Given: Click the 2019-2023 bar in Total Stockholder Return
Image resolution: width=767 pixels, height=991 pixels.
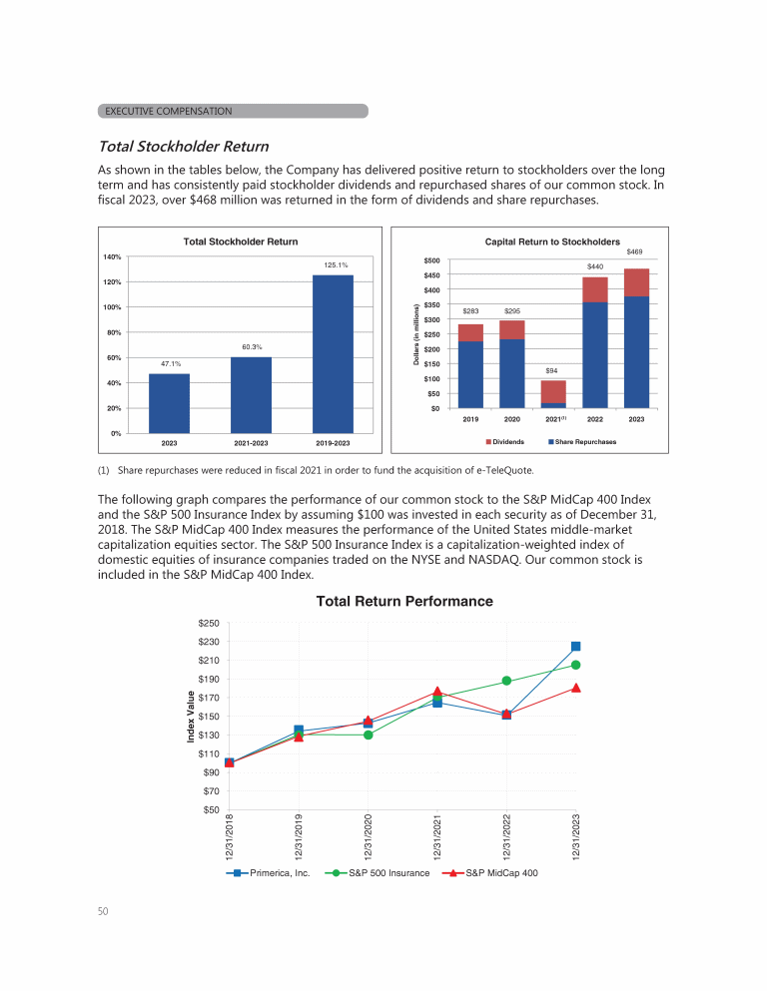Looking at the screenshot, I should pyautogui.click(x=333, y=353).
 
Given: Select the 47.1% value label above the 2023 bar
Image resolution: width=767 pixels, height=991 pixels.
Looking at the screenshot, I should pyautogui.click(x=170, y=364).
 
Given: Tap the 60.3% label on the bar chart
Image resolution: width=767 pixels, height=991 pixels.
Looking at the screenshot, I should pyautogui.click(x=252, y=346).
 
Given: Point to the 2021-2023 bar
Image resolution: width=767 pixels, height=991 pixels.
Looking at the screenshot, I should pyautogui.click(x=251, y=394).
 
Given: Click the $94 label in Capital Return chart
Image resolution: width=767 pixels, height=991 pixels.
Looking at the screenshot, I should pyautogui.click(x=552, y=370).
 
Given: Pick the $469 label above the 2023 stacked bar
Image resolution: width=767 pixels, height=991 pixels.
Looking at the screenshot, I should pyautogui.click(x=636, y=252).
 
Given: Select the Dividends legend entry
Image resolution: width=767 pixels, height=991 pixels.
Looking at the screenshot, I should pyautogui.click(x=505, y=441).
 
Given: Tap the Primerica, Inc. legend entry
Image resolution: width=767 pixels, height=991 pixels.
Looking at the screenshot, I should pyautogui.click(x=271, y=872).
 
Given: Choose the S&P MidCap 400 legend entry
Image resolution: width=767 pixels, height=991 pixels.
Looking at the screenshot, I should pyautogui.click(x=494, y=872).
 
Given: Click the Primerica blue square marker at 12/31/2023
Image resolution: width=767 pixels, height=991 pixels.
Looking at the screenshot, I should pyautogui.click(x=576, y=647).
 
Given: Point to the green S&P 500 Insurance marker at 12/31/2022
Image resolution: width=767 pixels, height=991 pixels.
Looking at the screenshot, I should pyautogui.click(x=506, y=681).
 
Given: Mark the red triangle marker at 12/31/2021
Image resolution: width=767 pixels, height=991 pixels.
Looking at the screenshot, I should pyautogui.click(x=437, y=692).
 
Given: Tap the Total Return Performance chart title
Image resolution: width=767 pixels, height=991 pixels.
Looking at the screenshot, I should pyautogui.click(x=403, y=601).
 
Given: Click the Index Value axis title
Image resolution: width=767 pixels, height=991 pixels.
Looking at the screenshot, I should pyautogui.click(x=191, y=716).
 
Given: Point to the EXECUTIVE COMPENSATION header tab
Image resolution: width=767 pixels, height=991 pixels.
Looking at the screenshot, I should pyautogui.click(x=234, y=111).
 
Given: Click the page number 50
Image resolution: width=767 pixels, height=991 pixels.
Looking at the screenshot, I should pyautogui.click(x=103, y=911).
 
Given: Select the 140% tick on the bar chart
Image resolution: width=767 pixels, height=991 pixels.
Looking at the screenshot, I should pyautogui.click(x=112, y=257).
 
